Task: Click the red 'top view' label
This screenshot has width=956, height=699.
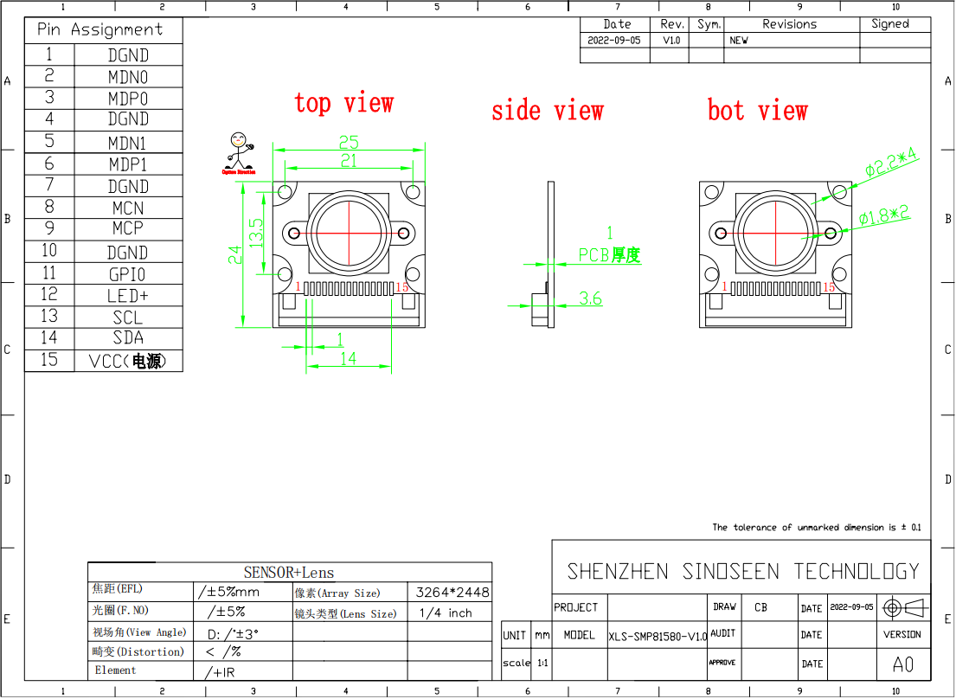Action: [343, 103]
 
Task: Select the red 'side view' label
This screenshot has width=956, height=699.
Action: [547, 111]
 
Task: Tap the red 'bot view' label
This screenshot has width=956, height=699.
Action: [757, 111]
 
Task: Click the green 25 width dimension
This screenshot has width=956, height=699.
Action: [349, 142]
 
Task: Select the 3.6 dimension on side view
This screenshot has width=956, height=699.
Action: [590, 298]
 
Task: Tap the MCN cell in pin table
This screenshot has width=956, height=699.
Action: [128, 208]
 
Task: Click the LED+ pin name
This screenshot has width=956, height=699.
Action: [128, 296]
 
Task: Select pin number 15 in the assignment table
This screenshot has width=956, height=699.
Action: [49, 360]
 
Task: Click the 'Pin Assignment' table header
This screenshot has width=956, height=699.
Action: [99, 29]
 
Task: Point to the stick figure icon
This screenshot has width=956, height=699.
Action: [238, 151]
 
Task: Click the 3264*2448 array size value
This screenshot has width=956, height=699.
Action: [452, 593]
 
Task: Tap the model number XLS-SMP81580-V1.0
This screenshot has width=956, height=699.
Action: [658, 636]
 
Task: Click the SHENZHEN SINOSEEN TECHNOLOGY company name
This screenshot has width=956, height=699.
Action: [742, 571]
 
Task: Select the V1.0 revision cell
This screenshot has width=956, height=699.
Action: [671, 41]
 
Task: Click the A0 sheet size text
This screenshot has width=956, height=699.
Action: [902, 664]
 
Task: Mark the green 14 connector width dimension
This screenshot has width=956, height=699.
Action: [348, 358]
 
